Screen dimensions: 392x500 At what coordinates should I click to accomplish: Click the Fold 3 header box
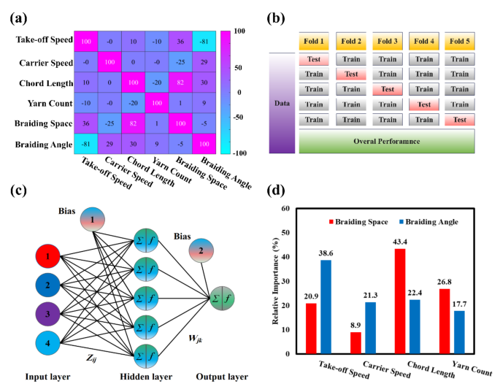pyautogui.click(x=386, y=41)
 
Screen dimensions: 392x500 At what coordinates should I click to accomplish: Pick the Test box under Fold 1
pyautogui.click(x=313, y=60)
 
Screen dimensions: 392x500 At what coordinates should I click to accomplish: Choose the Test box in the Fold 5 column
pyautogui.click(x=459, y=118)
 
